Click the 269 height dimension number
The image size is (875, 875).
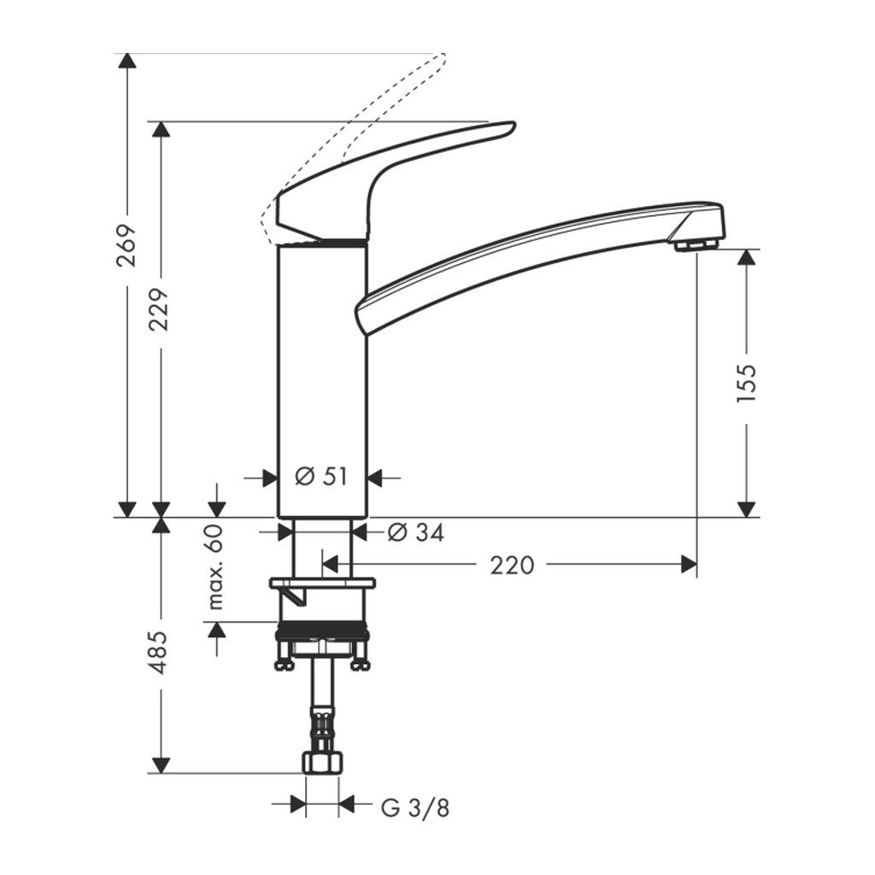tap(126, 245)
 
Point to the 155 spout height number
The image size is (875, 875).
tap(746, 382)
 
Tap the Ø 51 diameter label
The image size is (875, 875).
tap(321, 477)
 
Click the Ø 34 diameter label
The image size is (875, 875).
tap(415, 532)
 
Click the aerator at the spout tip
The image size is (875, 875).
tap(695, 246)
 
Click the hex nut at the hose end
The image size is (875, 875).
tap(322, 762)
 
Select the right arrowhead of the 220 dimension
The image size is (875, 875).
tap(687, 564)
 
